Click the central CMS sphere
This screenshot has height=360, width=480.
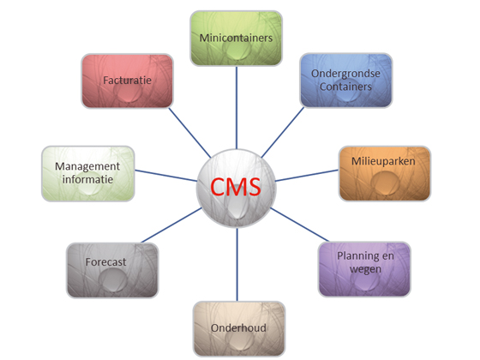coord(237,183)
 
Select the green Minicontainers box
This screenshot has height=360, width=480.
coord(235,39)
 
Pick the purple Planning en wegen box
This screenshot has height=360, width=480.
coord(364,268)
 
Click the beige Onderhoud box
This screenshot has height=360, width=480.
coord(237,328)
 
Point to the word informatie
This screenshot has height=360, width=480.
coord(87,180)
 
